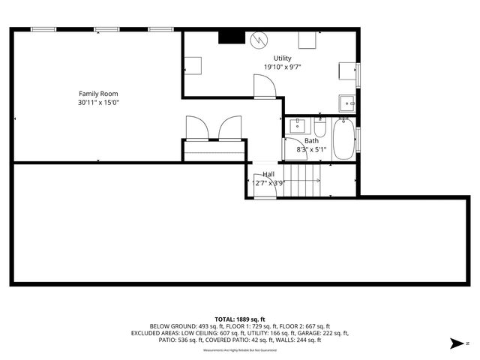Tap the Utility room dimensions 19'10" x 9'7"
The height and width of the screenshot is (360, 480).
(282, 67)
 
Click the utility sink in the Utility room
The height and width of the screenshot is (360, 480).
(346, 102)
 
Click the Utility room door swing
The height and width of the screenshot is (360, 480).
(265, 89)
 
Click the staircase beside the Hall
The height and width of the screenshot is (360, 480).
(304, 181)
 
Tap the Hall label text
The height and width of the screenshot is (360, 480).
(268, 174)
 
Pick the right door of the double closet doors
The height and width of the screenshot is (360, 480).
(229, 128)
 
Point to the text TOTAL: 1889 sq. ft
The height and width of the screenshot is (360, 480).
(240, 319)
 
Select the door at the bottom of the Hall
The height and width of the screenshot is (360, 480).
(263, 191)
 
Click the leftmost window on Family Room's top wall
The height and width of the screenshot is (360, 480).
(43, 29)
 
